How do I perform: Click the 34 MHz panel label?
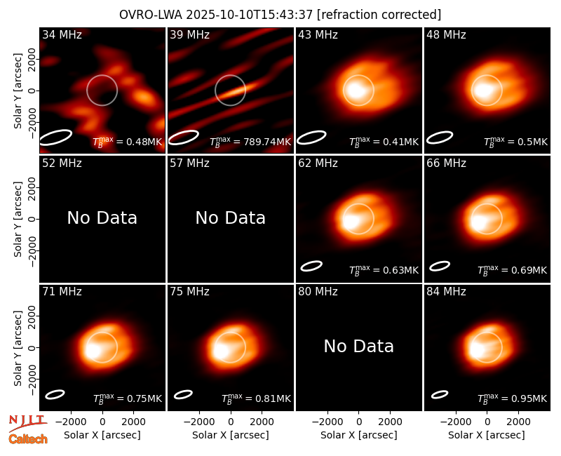pyautogui.click(x=62, y=34)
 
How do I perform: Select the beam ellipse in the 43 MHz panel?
pyautogui.click(x=311, y=138)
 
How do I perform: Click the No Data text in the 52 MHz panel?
pyautogui.click(x=102, y=217)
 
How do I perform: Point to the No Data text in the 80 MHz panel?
pyautogui.click(x=359, y=346)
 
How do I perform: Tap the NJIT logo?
pyautogui.click(x=27, y=422)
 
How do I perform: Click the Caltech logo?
pyautogui.click(x=28, y=439)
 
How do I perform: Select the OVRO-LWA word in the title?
pyautogui.click(x=151, y=15)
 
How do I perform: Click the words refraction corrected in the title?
pyautogui.click(x=379, y=15)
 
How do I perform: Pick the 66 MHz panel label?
pyautogui.click(x=446, y=163)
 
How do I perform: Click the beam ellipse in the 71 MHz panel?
pyautogui.click(x=55, y=394)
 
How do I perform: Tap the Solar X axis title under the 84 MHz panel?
pyautogui.click(x=487, y=435)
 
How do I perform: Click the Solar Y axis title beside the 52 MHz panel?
pyautogui.click(x=18, y=219)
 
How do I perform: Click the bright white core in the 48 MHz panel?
pyautogui.click(x=482, y=90)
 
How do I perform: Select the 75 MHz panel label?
pyautogui.click(x=189, y=292)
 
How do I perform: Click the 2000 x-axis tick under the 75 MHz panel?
pyautogui.click(x=262, y=422)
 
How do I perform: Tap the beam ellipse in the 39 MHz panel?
pyautogui.click(x=184, y=138)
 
